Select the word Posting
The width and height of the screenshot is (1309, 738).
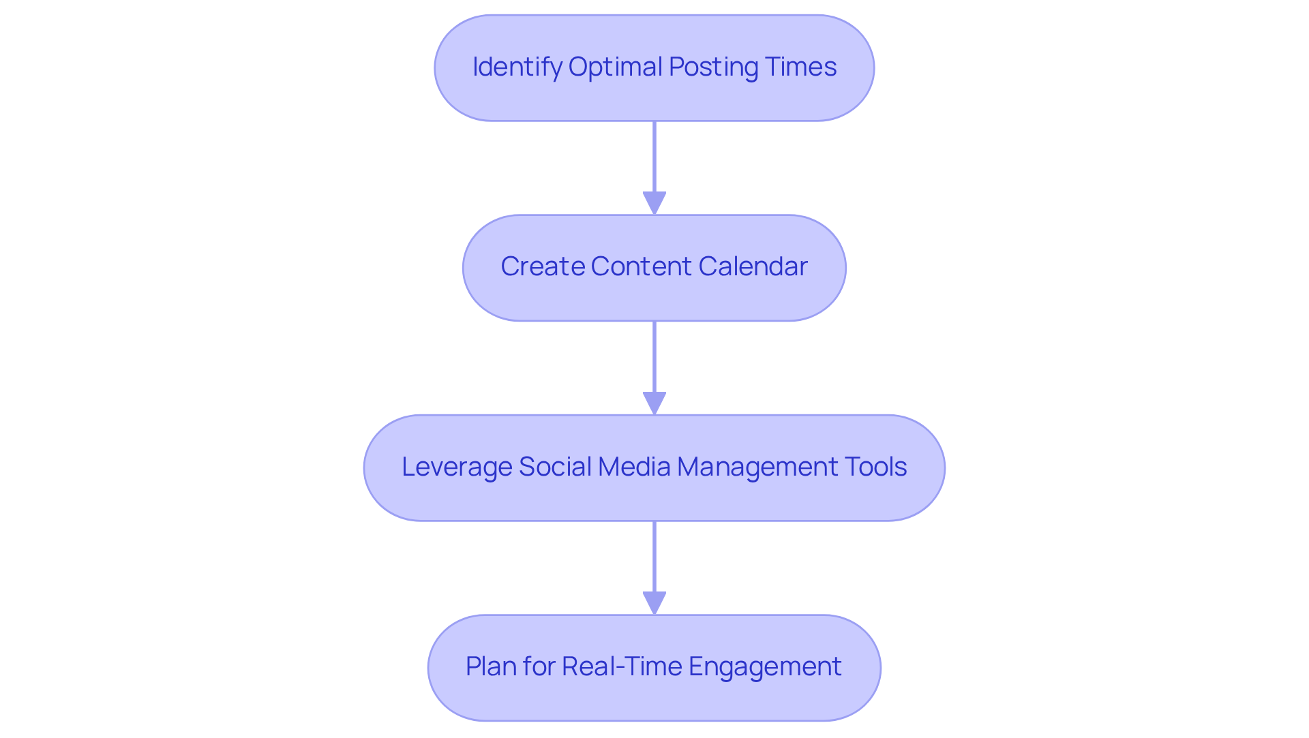coord(713,67)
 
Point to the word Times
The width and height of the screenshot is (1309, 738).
coord(800,67)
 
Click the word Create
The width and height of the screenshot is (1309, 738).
coord(542,266)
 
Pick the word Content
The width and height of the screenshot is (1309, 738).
coord(641,266)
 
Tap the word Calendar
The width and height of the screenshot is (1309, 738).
coord(753,266)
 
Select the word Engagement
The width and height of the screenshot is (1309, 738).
coord(765,666)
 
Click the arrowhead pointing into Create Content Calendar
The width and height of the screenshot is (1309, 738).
coord(654,203)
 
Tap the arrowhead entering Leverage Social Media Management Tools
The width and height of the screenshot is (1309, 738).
coord(654,403)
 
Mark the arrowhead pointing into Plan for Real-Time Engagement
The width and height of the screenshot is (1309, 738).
coord(654,603)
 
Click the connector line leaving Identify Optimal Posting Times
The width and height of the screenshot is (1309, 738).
coord(654,157)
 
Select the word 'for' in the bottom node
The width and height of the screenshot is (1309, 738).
coord(539,666)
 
